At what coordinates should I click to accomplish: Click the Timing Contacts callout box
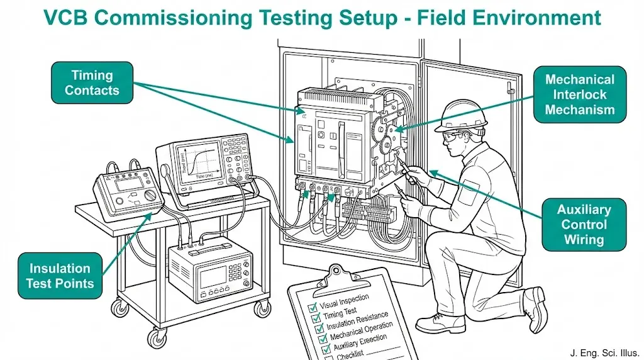tap(92, 82)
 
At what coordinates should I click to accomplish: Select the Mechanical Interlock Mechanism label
tap(579, 95)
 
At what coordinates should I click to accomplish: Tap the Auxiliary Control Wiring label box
tap(584, 225)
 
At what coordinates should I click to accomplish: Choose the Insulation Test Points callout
tap(60, 276)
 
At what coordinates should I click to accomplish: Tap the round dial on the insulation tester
tap(150, 197)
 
